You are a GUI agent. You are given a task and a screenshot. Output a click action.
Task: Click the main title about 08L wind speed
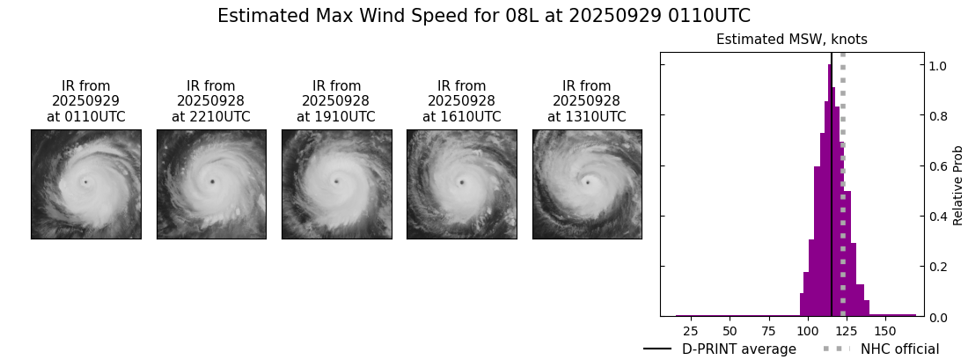pyautogui.click(x=483, y=16)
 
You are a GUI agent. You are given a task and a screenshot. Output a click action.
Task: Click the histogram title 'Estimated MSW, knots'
pyautogui.click(x=791, y=40)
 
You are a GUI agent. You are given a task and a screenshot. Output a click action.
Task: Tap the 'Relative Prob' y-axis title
pyautogui.click(x=958, y=185)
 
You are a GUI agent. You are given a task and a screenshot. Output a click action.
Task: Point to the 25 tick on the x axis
pyautogui.click(x=691, y=331)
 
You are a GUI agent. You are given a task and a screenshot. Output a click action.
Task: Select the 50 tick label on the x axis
pyautogui.click(x=730, y=331)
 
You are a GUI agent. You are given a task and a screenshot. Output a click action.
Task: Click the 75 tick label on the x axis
pyautogui.click(x=769, y=331)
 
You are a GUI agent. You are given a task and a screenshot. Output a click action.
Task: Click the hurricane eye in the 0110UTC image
pyautogui.click(x=85, y=182)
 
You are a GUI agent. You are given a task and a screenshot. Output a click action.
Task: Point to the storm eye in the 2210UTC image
pyautogui.click(x=212, y=182)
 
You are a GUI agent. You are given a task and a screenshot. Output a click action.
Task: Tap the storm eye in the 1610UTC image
pyautogui.click(x=461, y=183)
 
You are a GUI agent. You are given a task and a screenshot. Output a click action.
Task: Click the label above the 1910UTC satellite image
pyautogui.click(x=336, y=101)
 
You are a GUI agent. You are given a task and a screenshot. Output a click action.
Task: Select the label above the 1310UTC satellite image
pyautogui.click(x=587, y=101)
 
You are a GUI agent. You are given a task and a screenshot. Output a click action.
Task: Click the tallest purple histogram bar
pyautogui.click(x=830, y=194)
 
